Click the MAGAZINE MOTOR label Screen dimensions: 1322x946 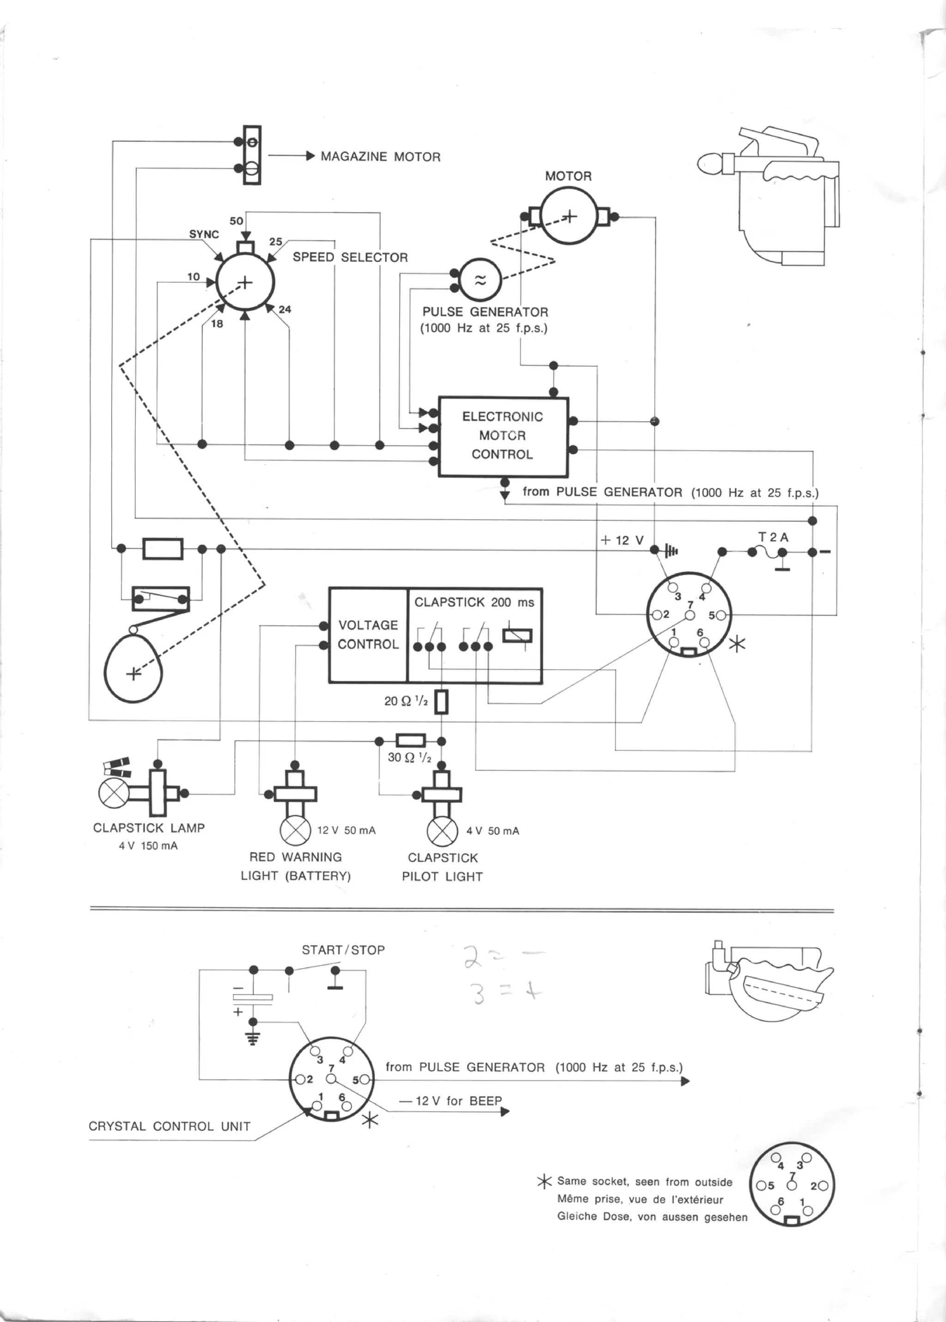[380, 157]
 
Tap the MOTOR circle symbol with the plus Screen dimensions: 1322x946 [569, 217]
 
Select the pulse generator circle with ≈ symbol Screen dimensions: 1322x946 [480, 280]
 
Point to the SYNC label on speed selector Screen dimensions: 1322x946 [204, 235]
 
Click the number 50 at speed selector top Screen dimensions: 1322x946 [236, 221]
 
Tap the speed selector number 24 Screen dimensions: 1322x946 [285, 309]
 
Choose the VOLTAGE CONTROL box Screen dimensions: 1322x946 [368, 635]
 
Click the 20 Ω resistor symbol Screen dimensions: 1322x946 [442, 702]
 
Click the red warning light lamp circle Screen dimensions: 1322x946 [295, 831]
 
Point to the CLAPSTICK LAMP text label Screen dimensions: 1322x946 [149, 828]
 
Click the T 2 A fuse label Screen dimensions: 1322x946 [773, 537]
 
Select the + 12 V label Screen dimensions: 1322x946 [622, 540]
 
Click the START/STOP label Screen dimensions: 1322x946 [343, 950]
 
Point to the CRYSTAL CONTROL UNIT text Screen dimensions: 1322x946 [170, 1126]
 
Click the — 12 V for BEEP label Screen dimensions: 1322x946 [450, 1101]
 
